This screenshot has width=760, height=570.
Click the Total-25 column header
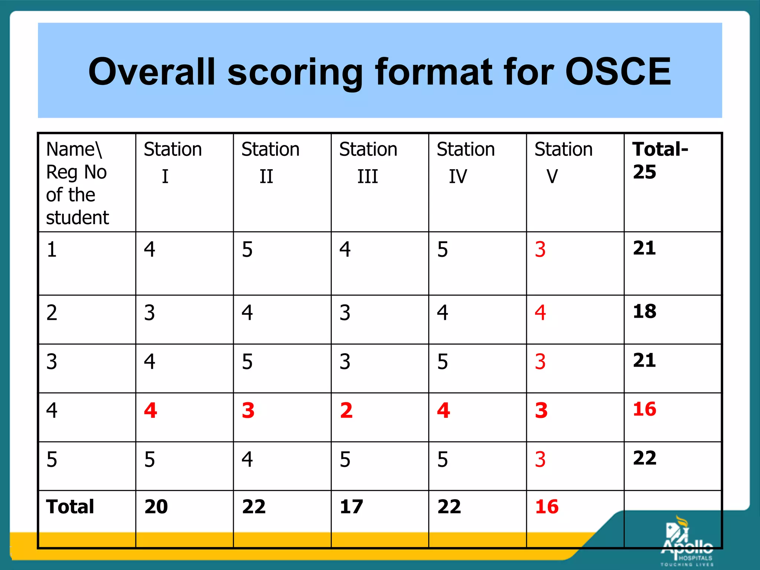660,160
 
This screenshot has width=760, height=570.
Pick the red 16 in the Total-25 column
645,409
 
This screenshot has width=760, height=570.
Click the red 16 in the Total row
547,507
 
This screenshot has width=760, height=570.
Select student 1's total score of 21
645,248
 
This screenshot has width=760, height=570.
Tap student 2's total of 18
645,311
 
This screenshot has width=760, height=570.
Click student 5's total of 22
645,458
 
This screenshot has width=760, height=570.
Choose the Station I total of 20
156,507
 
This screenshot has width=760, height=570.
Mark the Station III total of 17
351,507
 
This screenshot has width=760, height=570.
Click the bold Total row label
70,507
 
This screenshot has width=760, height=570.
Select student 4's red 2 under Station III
346,410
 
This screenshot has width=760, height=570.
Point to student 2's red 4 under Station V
540,312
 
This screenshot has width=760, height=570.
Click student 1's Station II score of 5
247,249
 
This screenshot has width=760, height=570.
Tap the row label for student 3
52,362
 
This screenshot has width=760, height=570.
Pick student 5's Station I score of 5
150,459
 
